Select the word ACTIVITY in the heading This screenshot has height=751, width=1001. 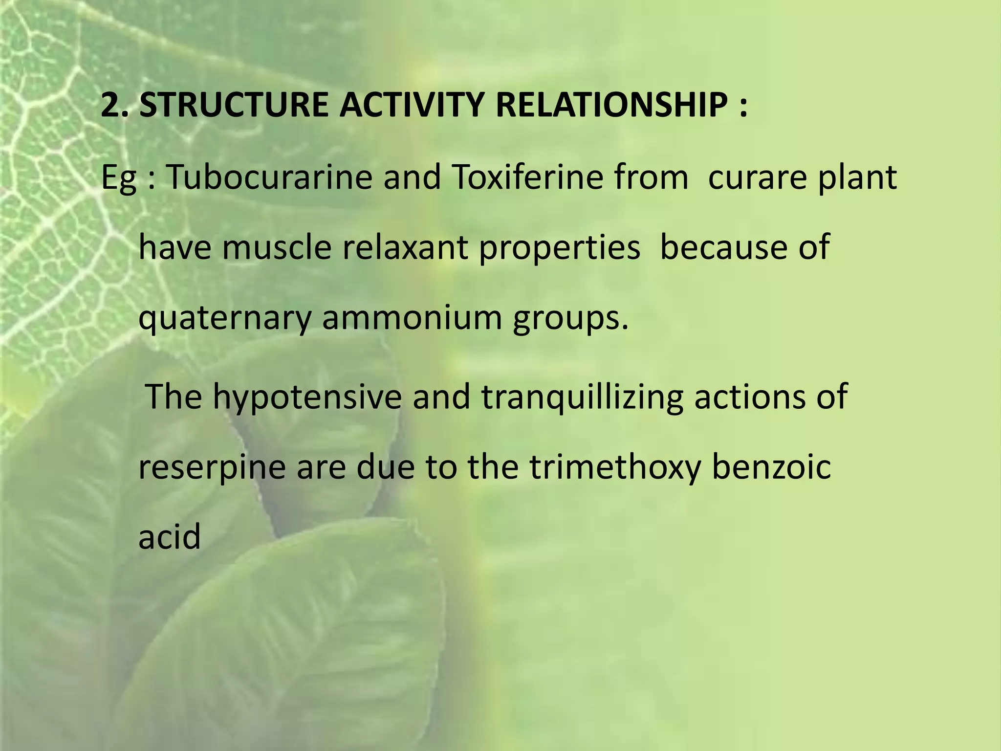[x=412, y=105]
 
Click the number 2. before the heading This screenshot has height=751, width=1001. [x=115, y=105]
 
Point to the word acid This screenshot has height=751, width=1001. [x=170, y=536]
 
